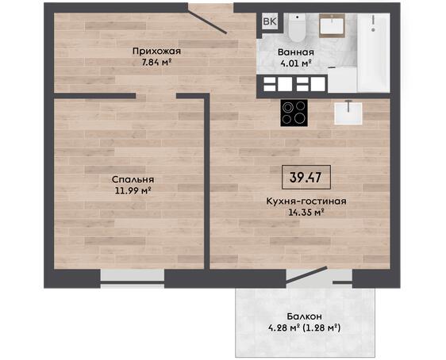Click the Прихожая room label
(156, 52)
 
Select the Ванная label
(296, 52)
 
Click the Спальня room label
(133, 180)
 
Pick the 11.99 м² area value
(133, 190)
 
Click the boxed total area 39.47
(306, 178)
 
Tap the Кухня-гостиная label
(306, 201)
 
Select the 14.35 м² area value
(306, 213)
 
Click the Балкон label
(305, 316)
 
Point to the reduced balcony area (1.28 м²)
(321, 328)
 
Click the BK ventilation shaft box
(269, 21)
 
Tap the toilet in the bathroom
(298, 26)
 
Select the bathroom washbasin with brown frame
(332, 25)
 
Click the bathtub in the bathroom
(373, 52)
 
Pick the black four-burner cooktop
(294, 113)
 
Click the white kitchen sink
(348, 113)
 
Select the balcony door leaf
(306, 274)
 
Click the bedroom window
(133, 279)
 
